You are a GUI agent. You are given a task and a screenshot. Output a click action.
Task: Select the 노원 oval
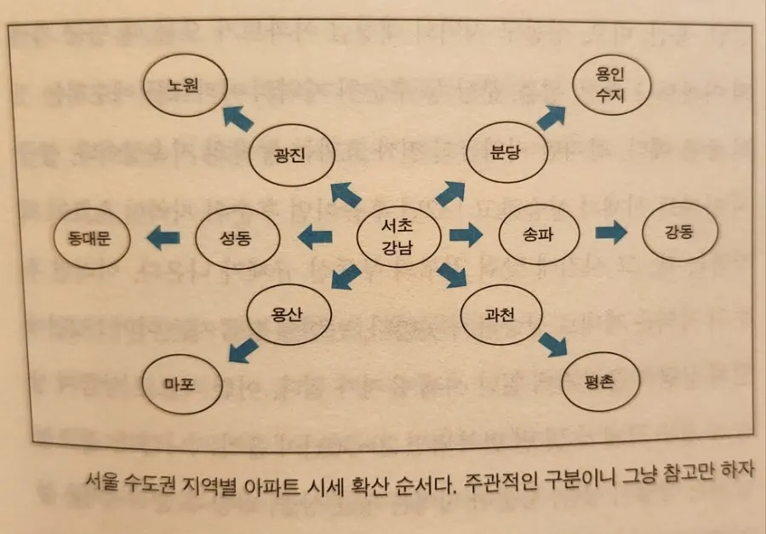pos(184,86)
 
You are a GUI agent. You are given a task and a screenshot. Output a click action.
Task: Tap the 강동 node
pos(681,232)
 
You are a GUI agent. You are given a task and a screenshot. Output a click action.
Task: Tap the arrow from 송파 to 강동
pos(610,233)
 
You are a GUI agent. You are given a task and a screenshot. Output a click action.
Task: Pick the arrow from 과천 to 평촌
pos(552,343)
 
